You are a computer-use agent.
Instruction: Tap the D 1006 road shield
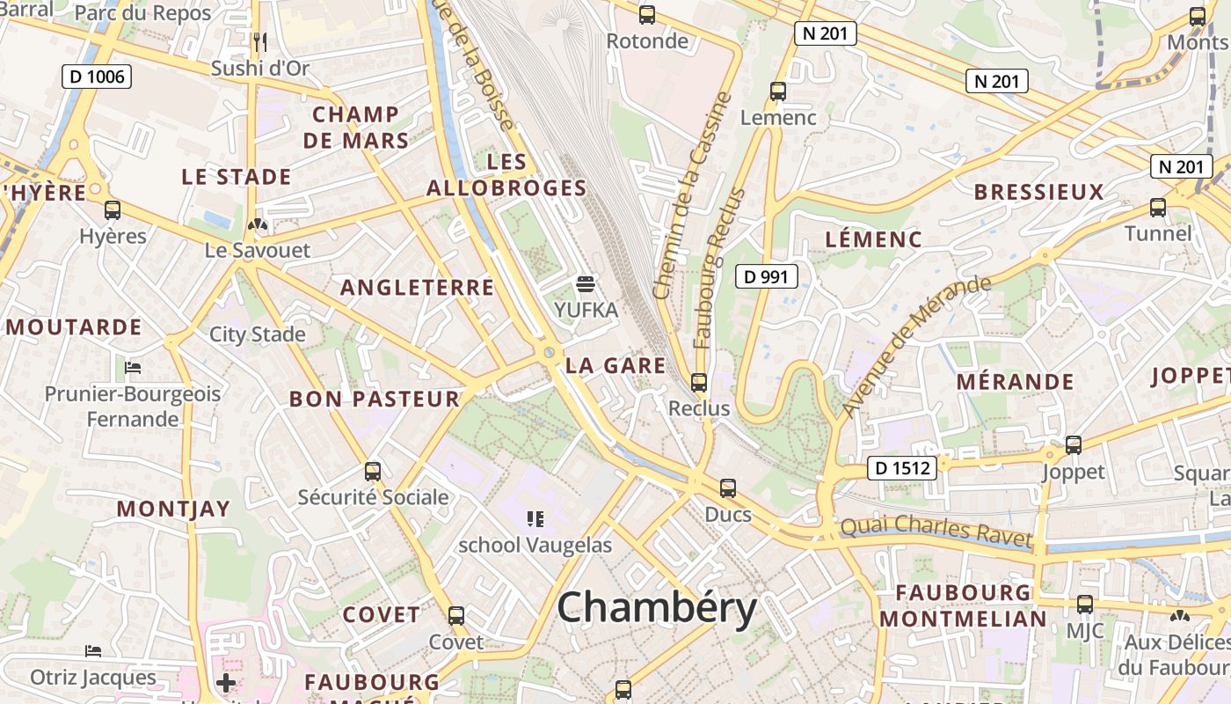(x=97, y=77)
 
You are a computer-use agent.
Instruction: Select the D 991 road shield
(x=766, y=277)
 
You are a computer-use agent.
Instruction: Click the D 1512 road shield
(x=902, y=468)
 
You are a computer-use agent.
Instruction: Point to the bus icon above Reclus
(x=699, y=383)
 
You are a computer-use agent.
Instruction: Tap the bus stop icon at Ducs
(x=728, y=488)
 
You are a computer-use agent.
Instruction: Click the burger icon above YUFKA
(x=586, y=284)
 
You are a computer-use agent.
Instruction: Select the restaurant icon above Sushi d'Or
(x=259, y=41)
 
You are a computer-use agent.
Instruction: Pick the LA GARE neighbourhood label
(x=615, y=366)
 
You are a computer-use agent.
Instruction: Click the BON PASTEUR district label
(x=375, y=399)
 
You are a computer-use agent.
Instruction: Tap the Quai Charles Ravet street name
(x=936, y=531)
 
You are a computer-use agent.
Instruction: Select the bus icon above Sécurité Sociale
(x=373, y=471)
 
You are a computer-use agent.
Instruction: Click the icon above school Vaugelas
(x=535, y=519)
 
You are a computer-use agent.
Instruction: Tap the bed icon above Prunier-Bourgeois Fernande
(x=133, y=367)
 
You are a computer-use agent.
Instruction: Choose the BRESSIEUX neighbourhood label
(x=1038, y=193)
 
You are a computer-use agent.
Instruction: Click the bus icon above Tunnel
(x=1158, y=208)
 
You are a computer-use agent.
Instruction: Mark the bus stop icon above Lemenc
(x=778, y=92)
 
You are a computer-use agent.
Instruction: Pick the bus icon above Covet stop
(x=456, y=616)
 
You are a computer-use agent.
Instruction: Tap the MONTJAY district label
(x=173, y=509)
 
